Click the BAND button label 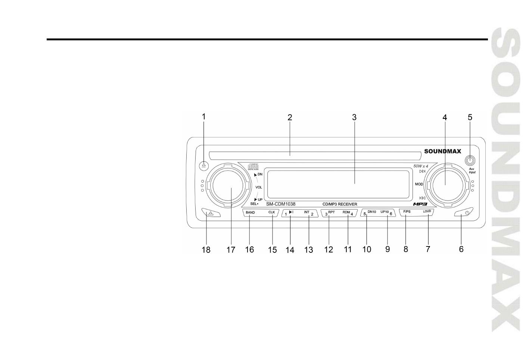pyautogui.click(x=250, y=212)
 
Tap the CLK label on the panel pyautogui.click(x=271, y=212)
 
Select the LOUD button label pyautogui.click(x=427, y=212)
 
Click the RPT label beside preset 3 pyautogui.click(x=332, y=212)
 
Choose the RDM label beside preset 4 pyautogui.click(x=346, y=212)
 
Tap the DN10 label pyautogui.click(x=371, y=212)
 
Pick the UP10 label pyautogui.click(x=385, y=212)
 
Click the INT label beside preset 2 pyautogui.click(x=306, y=212)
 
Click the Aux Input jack pyautogui.click(x=470, y=161)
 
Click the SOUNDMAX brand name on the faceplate pyautogui.click(x=442, y=151)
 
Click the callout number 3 pyautogui.click(x=354, y=117)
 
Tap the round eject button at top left pyautogui.click(x=203, y=165)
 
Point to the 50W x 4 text pyautogui.click(x=420, y=166)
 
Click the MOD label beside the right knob pyautogui.click(x=419, y=184)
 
